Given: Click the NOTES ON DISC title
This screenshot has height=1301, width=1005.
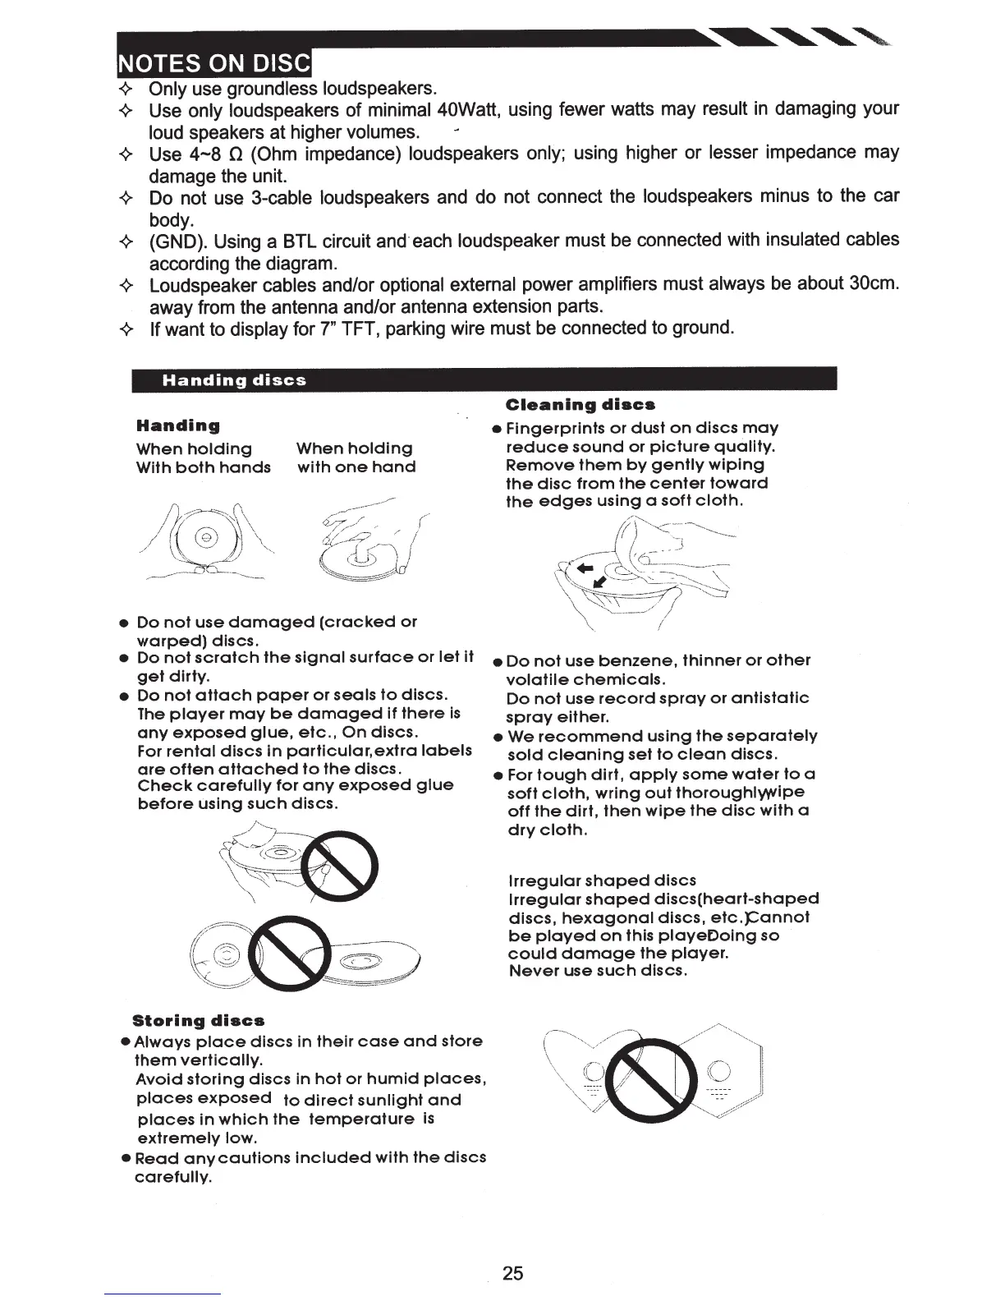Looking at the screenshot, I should (x=215, y=62).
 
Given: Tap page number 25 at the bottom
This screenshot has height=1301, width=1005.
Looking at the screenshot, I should (x=512, y=1273).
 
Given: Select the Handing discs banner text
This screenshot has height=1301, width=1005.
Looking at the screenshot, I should (x=234, y=380).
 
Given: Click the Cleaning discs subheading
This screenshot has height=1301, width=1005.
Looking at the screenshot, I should (x=581, y=405).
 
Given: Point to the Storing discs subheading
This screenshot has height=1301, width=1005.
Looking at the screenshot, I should (x=199, y=1021).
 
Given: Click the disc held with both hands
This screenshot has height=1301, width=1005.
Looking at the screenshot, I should (x=206, y=538).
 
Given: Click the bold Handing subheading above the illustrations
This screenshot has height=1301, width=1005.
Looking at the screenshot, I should (x=178, y=425).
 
